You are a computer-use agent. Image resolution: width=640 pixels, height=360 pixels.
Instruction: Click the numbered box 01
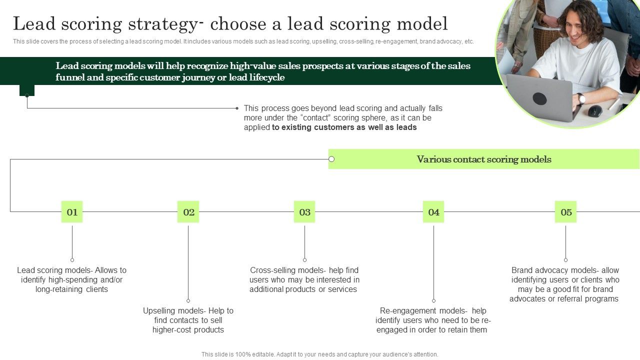point(72,212)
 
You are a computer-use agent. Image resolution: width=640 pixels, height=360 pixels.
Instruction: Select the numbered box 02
point(188,212)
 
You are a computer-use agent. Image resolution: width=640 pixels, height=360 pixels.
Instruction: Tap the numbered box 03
point(304,212)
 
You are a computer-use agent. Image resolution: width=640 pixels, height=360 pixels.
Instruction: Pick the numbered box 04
point(433,212)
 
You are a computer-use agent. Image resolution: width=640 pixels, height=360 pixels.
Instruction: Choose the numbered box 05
point(566,212)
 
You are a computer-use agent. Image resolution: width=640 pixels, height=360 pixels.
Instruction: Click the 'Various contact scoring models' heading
point(483,159)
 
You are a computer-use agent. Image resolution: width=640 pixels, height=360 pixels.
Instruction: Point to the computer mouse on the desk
point(594,111)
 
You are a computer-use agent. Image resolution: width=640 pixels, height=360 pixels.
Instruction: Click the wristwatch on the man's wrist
point(581,98)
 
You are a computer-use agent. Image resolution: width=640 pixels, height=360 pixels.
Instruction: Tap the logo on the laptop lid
point(539,98)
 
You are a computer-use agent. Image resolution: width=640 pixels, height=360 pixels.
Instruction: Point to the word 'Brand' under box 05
point(522,270)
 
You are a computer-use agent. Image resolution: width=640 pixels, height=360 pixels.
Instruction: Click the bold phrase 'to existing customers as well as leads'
point(344,127)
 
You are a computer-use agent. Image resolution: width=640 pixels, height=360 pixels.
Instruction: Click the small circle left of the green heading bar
point(331,159)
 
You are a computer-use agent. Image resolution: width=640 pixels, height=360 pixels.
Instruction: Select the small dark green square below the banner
point(27,90)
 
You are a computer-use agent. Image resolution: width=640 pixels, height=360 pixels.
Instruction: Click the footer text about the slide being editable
point(319,354)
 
